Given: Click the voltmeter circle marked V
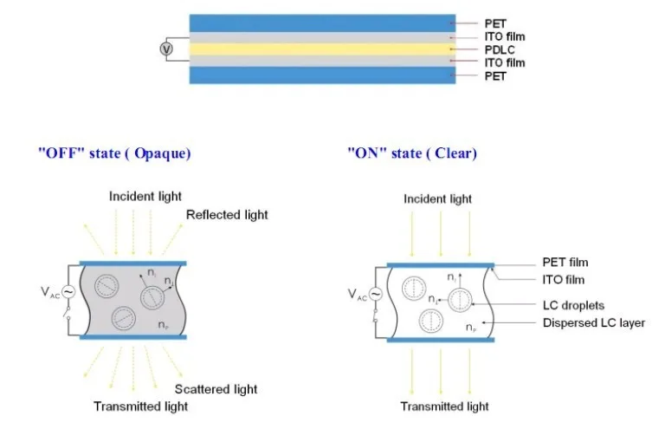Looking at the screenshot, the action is pyautogui.click(x=166, y=49).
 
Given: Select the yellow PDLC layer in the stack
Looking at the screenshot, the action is pyautogui.click(x=322, y=49).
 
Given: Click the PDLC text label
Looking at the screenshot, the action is pyautogui.click(x=500, y=49).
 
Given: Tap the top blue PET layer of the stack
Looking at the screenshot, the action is pyautogui.click(x=322, y=23).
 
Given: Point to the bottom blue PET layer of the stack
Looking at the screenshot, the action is pyautogui.click(x=322, y=75).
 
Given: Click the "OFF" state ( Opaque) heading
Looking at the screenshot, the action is pyautogui.click(x=114, y=153).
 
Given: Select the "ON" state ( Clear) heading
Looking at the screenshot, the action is pyautogui.click(x=412, y=153).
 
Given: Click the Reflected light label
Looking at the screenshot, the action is pyautogui.click(x=227, y=215).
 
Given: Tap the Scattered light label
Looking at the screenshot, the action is pyautogui.click(x=216, y=389).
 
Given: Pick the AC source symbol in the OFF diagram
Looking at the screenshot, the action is pyautogui.click(x=68, y=292).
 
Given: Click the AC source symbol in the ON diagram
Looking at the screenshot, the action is pyautogui.click(x=375, y=294).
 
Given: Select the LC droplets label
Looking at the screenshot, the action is pyautogui.click(x=573, y=306).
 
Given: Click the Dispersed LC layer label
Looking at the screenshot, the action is pyautogui.click(x=594, y=323).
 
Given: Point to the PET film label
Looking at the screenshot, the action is pyautogui.click(x=565, y=263).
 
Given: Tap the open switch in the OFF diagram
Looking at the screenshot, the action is pyautogui.click(x=68, y=312).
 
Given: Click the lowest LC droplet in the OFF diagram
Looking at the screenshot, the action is pyautogui.click(x=124, y=318).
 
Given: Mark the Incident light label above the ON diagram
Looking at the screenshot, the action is pyautogui.click(x=437, y=199).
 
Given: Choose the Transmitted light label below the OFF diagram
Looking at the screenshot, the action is pyautogui.click(x=141, y=406).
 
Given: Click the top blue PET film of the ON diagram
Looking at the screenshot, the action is pyautogui.click(x=441, y=265).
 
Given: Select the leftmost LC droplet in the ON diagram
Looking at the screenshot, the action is pyautogui.click(x=414, y=289).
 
